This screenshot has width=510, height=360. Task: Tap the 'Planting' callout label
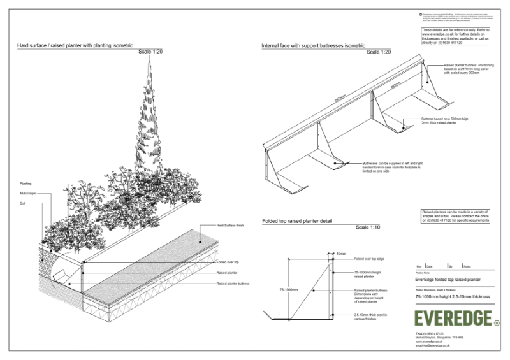[x=25, y=183]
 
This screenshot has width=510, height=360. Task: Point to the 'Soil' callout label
[x=22, y=203]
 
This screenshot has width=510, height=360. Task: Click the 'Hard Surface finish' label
[x=230, y=226]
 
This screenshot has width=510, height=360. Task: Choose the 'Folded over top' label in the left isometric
[x=228, y=262]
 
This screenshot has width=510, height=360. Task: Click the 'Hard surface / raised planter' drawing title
[x=75, y=46]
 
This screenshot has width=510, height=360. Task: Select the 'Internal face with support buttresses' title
[x=314, y=46]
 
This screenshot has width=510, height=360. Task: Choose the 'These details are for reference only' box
[x=455, y=36]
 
